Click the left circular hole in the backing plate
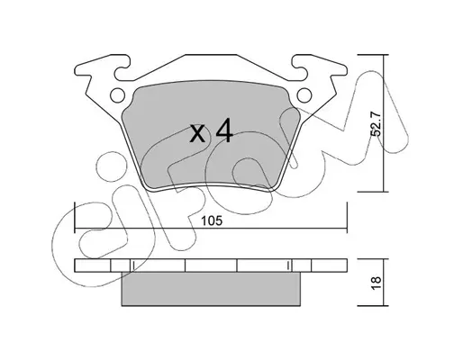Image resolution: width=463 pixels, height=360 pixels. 117,95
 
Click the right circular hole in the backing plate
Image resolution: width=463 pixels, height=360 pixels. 304,95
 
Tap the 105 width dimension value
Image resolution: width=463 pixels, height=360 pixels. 212,221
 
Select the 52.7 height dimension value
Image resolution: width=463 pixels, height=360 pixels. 376,124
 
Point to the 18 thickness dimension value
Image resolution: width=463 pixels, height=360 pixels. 376,283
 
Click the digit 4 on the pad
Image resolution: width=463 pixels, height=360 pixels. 224,130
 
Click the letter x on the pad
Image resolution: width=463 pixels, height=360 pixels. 198,134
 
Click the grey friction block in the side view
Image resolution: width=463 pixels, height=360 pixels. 211,289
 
